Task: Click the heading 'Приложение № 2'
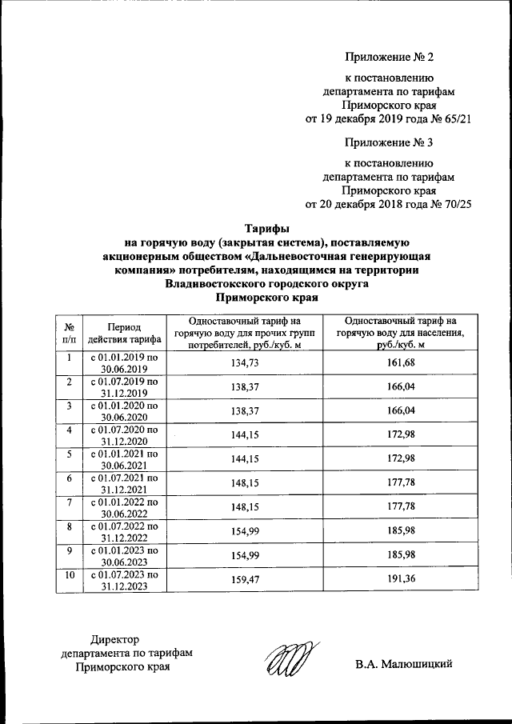point(389,57)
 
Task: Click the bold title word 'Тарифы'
point(266,227)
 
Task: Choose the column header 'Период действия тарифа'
point(123,334)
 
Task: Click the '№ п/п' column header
point(70,334)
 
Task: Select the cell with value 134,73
point(245,364)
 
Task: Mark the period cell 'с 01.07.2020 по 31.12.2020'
point(123,436)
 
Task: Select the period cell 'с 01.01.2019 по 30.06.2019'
point(123,364)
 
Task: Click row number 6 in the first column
point(70,478)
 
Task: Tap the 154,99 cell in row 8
point(245,532)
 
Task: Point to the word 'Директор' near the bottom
point(115,639)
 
